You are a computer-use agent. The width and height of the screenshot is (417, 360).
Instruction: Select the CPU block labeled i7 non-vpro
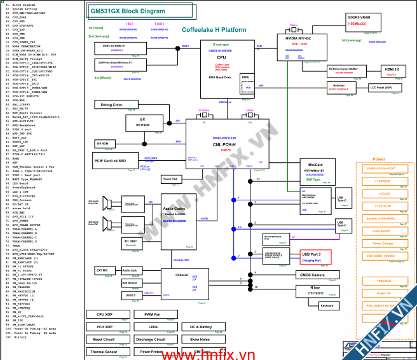pyautogui.click(x=221, y=60)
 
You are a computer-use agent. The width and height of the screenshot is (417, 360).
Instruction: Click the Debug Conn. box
pyautogui.click(x=111, y=104)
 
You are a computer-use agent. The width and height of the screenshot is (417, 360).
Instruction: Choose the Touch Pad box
pyautogui.click(x=170, y=179)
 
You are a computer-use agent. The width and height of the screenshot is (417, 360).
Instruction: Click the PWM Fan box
pyautogui.click(x=152, y=315)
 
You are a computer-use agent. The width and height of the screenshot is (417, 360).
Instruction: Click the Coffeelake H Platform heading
pyautogui.click(x=214, y=30)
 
